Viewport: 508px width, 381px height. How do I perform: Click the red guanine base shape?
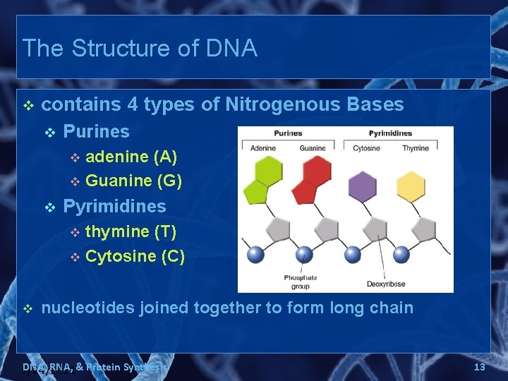313,180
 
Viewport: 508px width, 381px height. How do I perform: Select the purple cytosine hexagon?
363,187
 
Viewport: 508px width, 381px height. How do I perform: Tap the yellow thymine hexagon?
411,187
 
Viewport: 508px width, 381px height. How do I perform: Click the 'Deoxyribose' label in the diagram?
385,284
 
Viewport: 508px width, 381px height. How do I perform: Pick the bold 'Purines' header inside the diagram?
288,133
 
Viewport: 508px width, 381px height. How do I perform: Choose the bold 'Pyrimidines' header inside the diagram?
390,133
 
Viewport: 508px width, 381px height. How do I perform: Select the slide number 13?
479,367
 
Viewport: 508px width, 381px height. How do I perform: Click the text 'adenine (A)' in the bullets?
131,156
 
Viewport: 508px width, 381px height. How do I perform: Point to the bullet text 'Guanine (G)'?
133,181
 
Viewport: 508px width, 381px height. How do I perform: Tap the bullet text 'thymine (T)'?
131,231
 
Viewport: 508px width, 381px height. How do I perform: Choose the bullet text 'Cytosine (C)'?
135,256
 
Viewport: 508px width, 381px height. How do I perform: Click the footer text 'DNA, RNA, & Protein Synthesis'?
95,367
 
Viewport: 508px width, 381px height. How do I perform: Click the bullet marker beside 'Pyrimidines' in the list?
49,207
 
